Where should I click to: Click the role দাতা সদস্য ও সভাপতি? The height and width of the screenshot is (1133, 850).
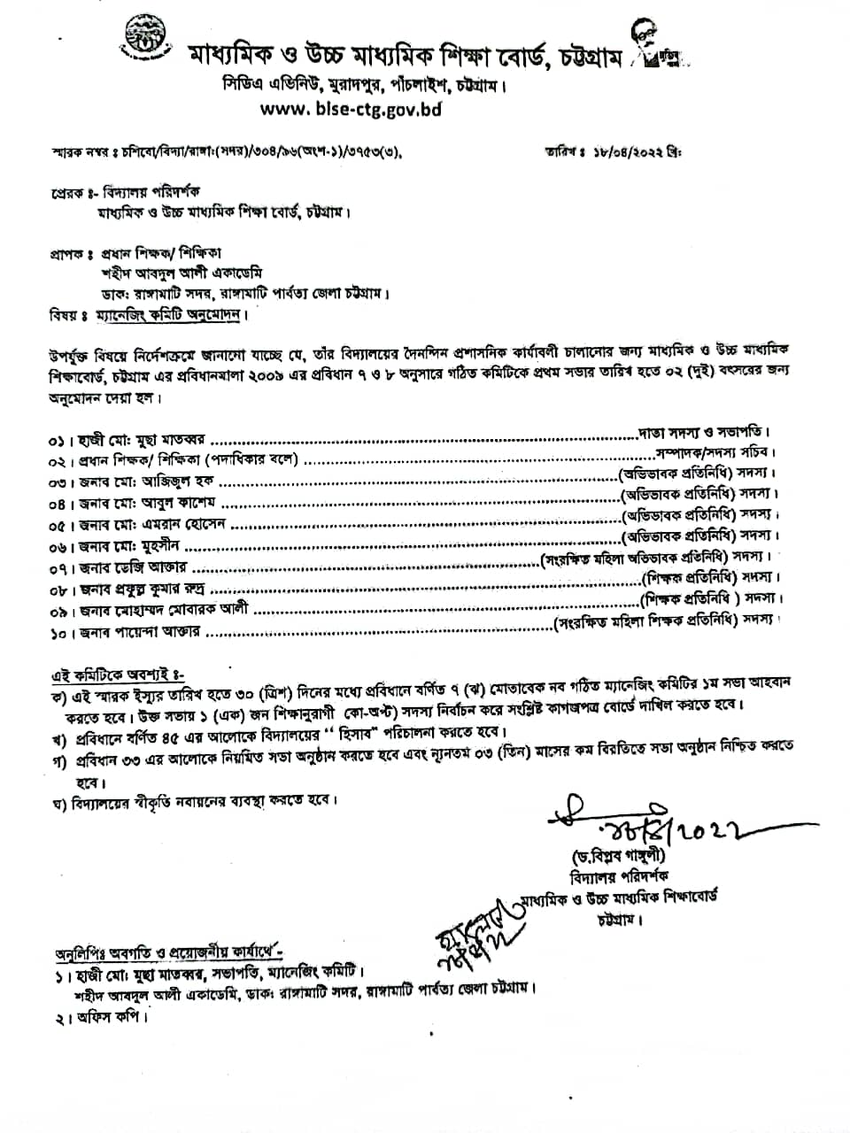704,433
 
